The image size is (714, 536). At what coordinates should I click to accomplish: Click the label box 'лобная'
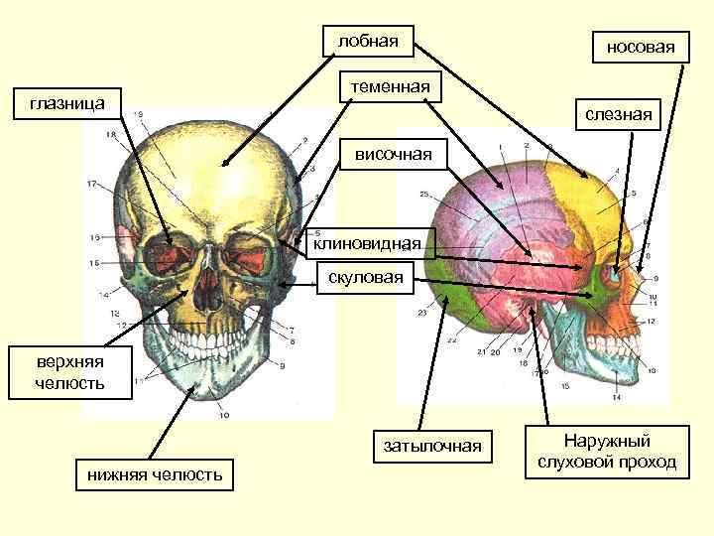(369, 42)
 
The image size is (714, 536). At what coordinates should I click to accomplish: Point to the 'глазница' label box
(61, 102)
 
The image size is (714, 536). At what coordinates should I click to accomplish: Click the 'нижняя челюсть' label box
(154, 474)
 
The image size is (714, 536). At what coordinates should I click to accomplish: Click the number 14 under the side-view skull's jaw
(616, 398)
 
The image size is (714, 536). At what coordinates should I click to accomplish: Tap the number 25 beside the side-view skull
(423, 194)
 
